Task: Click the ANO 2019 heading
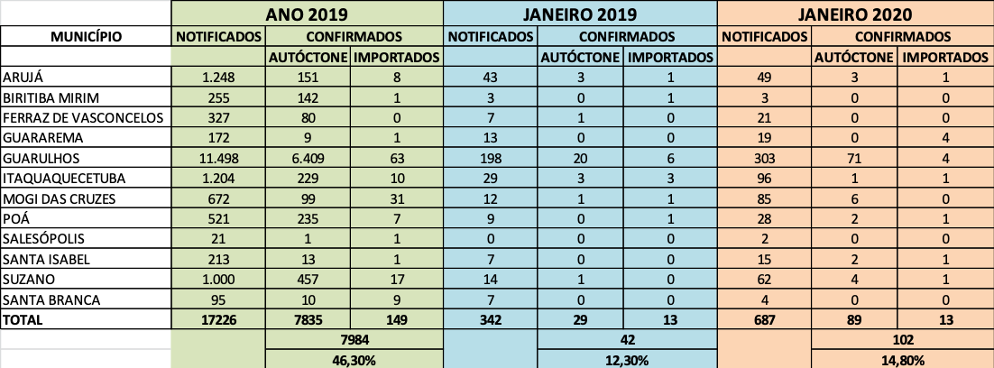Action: tap(308, 14)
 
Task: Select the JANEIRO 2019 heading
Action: tap(581, 14)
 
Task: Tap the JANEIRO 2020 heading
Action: tap(856, 14)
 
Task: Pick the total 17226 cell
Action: tap(219, 318)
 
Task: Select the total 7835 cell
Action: tap(308, 318)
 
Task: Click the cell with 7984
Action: tap(354, 339)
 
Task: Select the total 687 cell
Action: tap(765, 318)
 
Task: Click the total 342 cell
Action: tap(491, 318)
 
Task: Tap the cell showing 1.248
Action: tap(219, 78)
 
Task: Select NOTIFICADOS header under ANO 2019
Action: tap(219, 37)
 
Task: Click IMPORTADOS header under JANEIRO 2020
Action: tap(945, 58)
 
